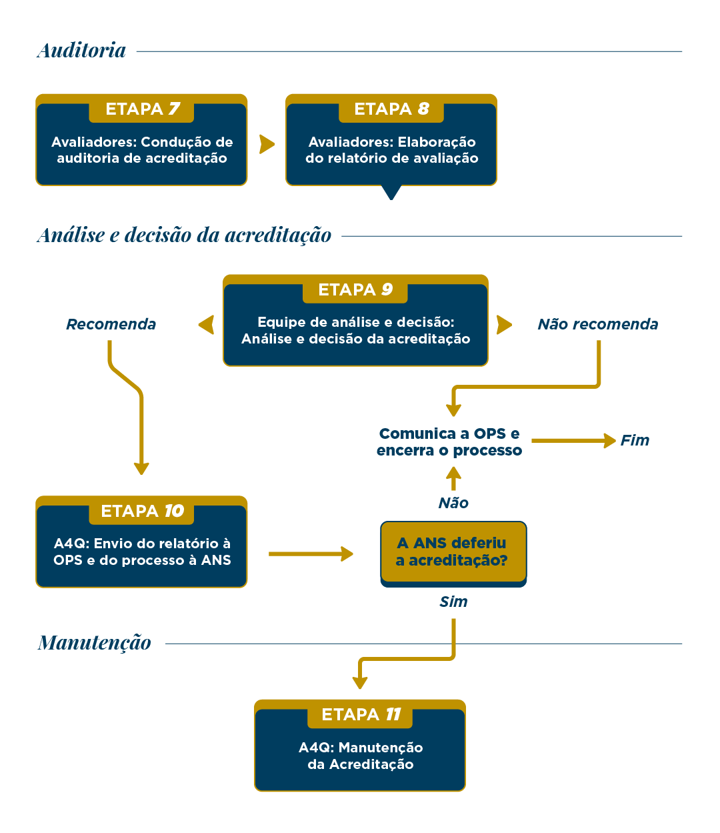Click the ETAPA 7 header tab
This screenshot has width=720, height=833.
pos(141,109)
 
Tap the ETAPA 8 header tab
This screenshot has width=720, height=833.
pos(391,109)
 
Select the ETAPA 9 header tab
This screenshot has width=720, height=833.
pos(355,290)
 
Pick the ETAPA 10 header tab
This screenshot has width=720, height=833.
pos(141,512)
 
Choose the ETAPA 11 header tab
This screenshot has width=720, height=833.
pos(360,715)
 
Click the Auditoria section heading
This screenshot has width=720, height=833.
pos(81,51)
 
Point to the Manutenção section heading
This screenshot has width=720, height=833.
pos(94,643)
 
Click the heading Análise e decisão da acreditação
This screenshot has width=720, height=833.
pos(184,235)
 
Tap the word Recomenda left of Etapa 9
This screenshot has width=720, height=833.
pos(111,325)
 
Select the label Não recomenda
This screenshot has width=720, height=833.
pos(597,325)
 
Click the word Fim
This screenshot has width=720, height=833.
pos(635,441)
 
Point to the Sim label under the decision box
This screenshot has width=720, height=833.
pos(453,602)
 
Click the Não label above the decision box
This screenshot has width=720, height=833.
pos(453,503)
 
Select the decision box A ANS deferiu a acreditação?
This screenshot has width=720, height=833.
pos(453,552)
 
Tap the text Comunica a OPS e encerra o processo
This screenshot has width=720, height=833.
pos(449,442)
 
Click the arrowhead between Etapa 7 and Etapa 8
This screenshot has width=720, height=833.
pos(267,144)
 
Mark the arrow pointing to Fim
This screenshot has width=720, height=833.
pos(573,441)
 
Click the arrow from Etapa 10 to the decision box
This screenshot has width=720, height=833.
pos(311,554)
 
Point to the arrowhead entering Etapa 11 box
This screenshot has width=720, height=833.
pos(360,682)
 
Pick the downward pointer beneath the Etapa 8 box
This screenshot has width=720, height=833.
pos(391,193)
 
